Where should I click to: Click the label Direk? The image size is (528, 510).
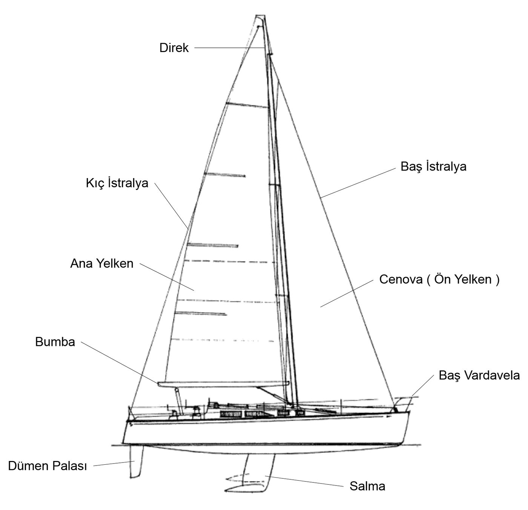173,48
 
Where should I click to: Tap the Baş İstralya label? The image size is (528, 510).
433,167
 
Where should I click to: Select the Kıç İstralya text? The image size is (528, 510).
117,183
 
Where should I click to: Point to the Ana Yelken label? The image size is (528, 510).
102,264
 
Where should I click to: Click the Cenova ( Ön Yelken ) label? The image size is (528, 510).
439,279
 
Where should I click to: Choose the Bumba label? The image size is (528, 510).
55,342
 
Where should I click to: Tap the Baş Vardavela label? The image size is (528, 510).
479,376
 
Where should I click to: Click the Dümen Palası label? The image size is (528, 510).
48,466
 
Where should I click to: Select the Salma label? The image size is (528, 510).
367,486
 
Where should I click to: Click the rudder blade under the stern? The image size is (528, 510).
135,462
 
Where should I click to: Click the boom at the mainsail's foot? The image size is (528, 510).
223,384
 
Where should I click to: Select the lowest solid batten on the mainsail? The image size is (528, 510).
200,314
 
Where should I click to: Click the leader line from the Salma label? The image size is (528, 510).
304,481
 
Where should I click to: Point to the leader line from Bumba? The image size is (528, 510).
120,363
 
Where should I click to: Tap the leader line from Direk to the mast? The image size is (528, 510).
230,48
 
